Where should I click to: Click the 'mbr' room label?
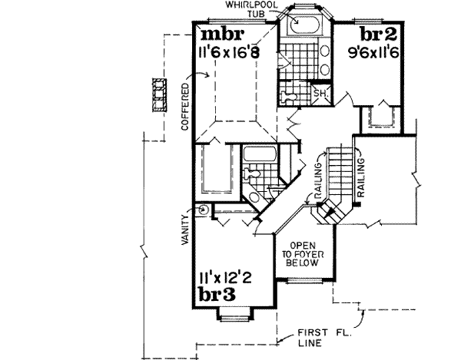(x=223, y=36)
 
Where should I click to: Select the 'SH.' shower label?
(x=321, y=94)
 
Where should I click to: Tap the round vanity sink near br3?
(x=204, y=209)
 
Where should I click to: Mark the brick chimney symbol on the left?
(x=160, y=94)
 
